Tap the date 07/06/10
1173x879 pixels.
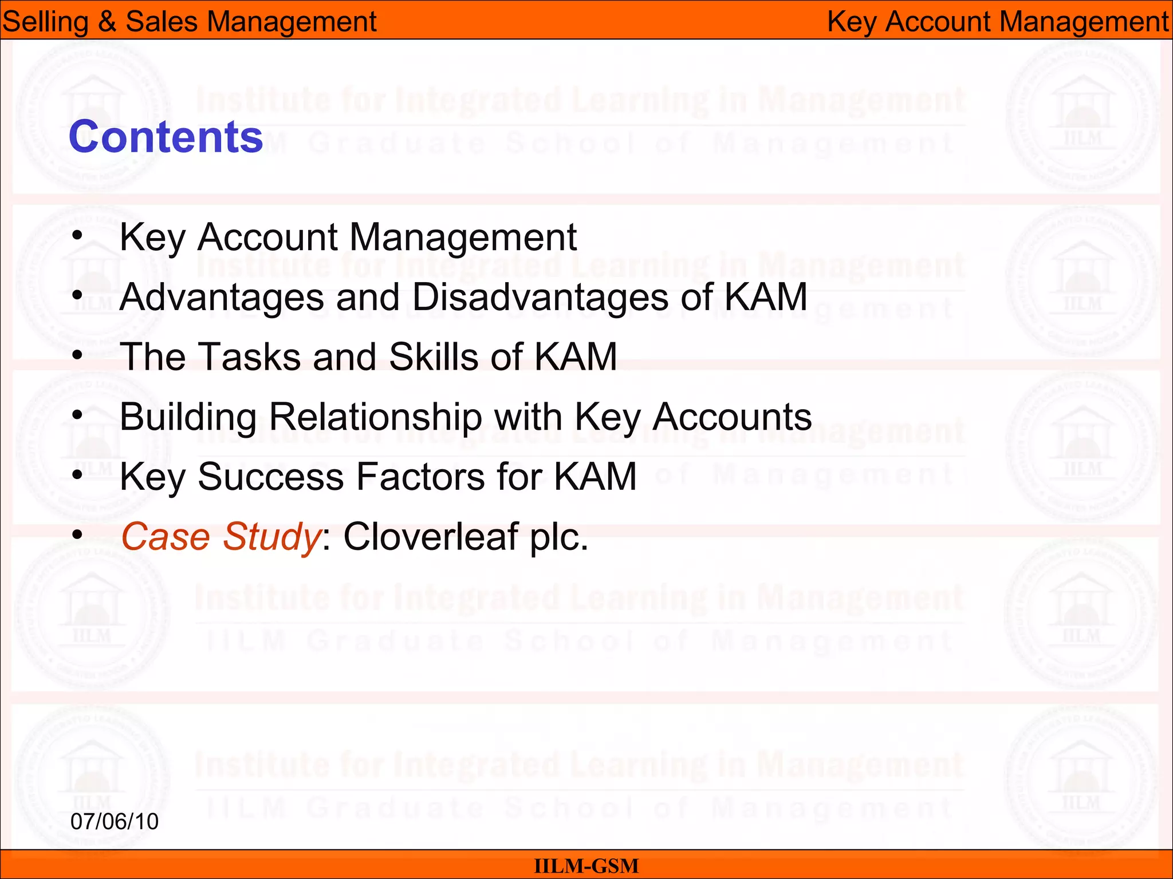click(115, 821)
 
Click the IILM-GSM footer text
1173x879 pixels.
click(586, 866)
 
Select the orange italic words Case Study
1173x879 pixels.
click(221, 537)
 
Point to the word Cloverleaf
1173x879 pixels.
click(430, 537)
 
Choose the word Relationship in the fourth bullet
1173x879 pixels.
click(375, 417)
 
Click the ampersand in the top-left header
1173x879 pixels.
click(107, 22)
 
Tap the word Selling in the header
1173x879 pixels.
click(45, 22)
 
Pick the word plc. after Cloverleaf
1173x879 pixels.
click(558, 537)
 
